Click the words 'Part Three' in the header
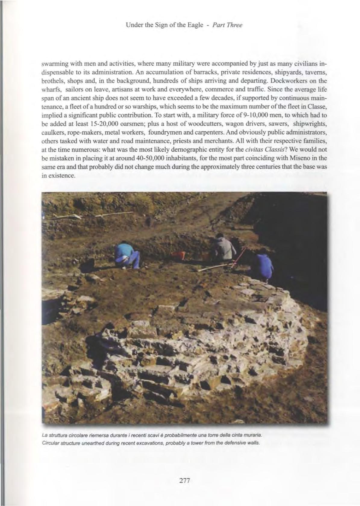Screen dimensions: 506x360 (x=228, y=25)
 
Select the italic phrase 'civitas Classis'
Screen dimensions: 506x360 (x=265, y=149)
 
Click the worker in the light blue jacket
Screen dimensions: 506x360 (x=127, y=256)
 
